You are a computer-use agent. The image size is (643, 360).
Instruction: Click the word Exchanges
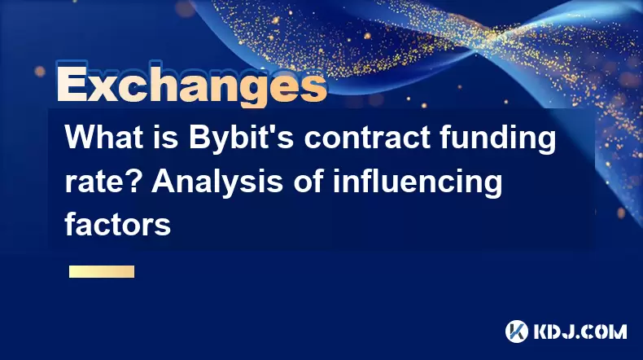tap(192, 85)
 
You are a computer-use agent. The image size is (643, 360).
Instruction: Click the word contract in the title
tap(367, 138)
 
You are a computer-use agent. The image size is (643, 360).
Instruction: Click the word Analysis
tap(217, 183)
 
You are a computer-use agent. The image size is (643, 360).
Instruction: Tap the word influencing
tap(418, 183)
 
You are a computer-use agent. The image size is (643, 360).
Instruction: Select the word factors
tap(117, 224)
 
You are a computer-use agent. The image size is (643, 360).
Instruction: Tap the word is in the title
tap(166, 138)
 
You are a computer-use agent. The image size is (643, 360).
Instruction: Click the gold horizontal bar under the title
tap(102, 271)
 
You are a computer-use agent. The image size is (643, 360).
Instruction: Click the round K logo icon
tap(517, 331)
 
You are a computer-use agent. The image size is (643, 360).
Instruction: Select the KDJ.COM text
tap(580, 331)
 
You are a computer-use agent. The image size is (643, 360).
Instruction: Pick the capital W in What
tap(81, 138)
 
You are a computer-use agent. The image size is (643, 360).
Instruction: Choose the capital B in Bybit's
tap(199, 138)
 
